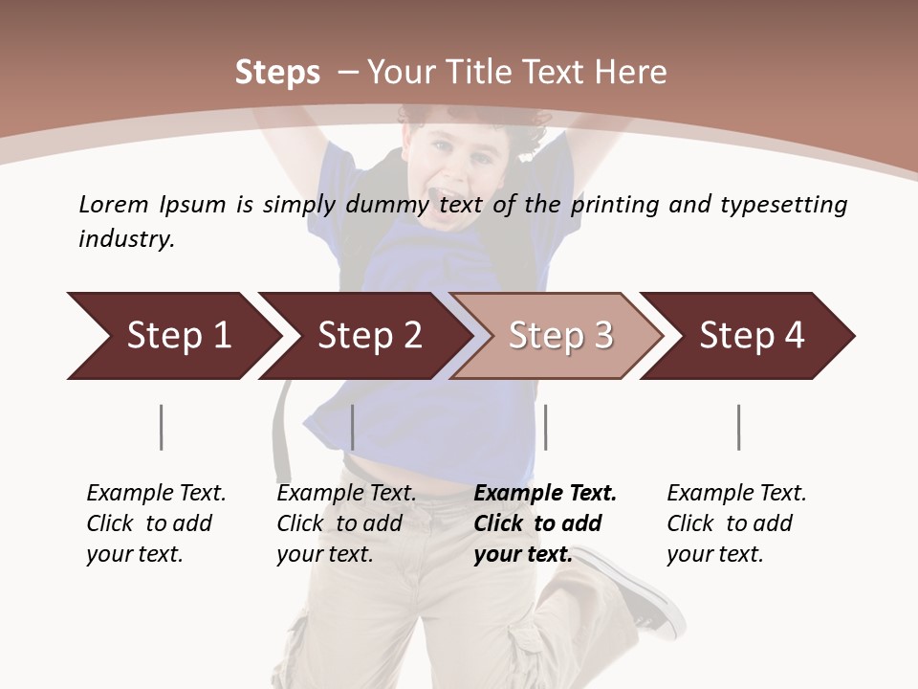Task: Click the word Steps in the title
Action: pos(277,72)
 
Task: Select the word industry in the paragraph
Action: pos(126,239)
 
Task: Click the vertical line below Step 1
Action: pos(162,427)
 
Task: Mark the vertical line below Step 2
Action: pos(353,427)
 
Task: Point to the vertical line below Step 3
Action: pos(545,427)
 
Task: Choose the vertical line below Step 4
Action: pos(738,427)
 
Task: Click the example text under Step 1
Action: pos(156,523)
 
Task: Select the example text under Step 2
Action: pos(346,523)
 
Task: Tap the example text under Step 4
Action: pos(736,523)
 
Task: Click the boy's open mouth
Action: pos(446,200)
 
